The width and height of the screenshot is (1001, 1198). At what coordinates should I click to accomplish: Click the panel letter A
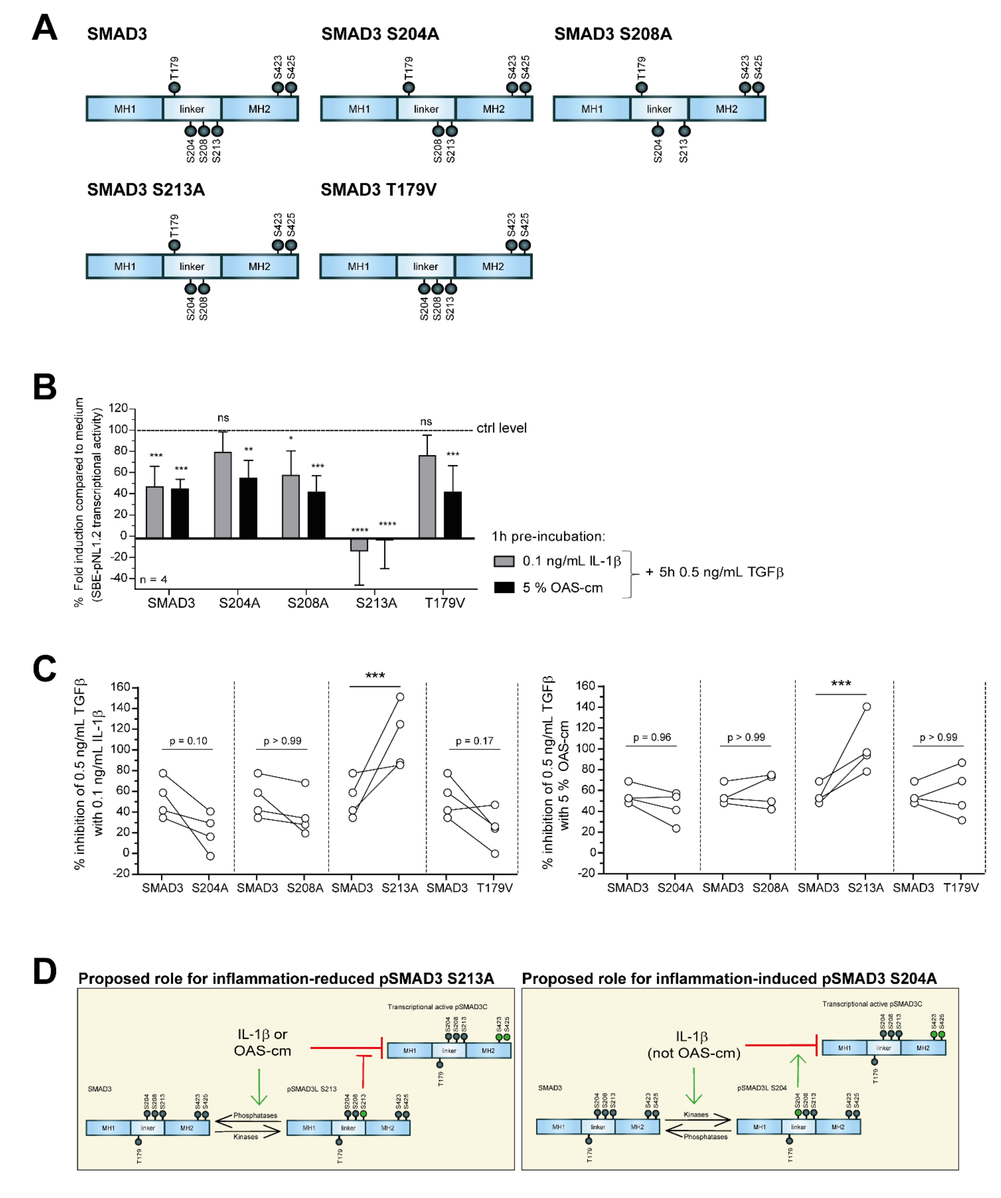pos(45,28)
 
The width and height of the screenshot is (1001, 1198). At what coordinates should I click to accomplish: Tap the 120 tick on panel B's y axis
pos(118,408)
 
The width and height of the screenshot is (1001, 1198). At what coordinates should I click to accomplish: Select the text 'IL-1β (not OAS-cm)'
pos(694,1045)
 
